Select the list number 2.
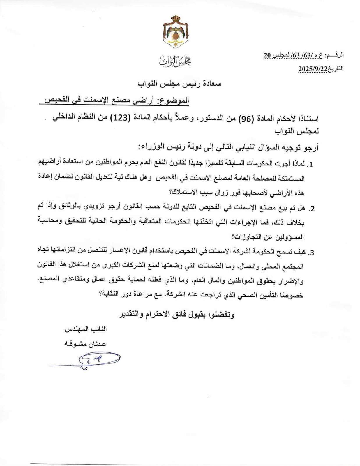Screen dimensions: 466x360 (311, 209)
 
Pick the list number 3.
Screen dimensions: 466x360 (311, 253)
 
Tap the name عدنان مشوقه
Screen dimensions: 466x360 (85, 344)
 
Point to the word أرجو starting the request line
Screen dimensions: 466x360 (311, 148)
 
